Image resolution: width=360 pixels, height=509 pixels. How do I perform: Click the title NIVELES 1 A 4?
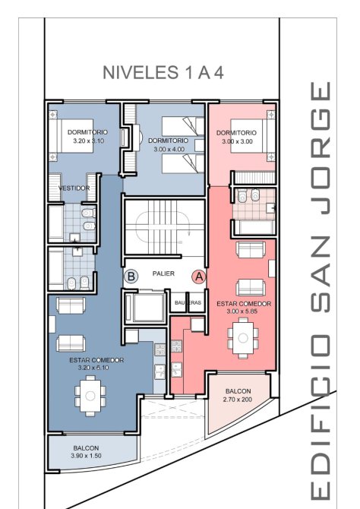point(163,72)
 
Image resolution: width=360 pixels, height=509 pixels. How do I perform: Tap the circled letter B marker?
point(131,277)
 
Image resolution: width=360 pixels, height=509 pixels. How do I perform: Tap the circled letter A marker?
point(199,277)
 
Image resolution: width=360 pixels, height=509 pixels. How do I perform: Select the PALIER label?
point(163,273)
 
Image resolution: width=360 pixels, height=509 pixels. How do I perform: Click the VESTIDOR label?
point(74,188)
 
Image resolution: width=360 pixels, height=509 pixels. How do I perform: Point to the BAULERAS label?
point(188,302)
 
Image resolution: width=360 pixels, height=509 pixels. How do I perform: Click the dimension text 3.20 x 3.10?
point(89,141)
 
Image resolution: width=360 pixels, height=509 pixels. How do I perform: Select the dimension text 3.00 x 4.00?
point(169,150)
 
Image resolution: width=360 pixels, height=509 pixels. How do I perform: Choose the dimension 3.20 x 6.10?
point(93,368)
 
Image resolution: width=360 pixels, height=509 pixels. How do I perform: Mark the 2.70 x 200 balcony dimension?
point(238,400)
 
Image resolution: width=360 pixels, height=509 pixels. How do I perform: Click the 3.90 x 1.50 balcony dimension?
point(86,455)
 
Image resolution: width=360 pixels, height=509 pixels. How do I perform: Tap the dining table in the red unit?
point(243,338)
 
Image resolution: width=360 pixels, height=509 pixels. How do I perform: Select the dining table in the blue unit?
point(90,396)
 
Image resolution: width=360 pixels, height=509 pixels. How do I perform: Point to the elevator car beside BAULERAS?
point(145,308)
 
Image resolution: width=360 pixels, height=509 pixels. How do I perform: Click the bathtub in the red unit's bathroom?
point(255,227)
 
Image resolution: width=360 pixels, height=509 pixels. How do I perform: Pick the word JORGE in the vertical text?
point(321,147)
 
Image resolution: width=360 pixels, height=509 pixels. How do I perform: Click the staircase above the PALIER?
point(165,226)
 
